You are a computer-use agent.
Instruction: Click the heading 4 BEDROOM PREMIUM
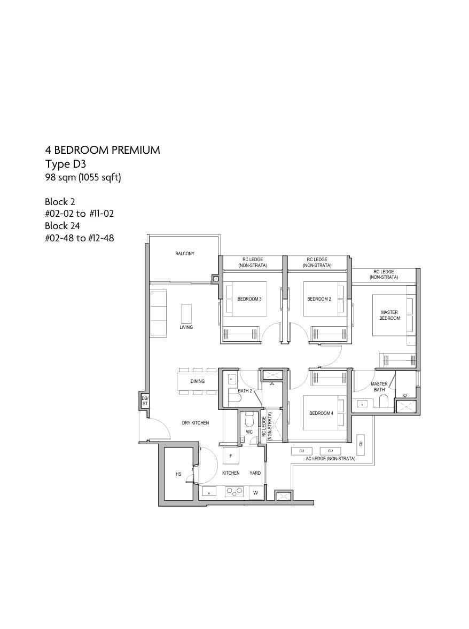103,150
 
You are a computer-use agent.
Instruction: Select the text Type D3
65,164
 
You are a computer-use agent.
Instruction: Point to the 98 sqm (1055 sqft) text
83,177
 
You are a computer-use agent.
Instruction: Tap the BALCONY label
184,254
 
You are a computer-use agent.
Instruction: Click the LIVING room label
186,327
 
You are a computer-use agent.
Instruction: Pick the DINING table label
198,381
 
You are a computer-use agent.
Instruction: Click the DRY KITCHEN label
196,423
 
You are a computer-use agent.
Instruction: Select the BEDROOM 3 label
249,299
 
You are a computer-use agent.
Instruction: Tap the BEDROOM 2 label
319,299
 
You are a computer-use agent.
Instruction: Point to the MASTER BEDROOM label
389,315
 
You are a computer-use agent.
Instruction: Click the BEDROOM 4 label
322,413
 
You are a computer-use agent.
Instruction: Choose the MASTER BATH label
379,387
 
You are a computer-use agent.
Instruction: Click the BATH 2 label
245,391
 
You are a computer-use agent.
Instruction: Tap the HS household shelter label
178,474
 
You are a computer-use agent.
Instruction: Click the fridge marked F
231,456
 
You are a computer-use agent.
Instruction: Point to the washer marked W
255,493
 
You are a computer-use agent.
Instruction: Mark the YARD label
255,473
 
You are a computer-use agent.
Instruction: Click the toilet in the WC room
249,420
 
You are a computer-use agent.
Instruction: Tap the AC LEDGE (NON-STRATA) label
331,459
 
